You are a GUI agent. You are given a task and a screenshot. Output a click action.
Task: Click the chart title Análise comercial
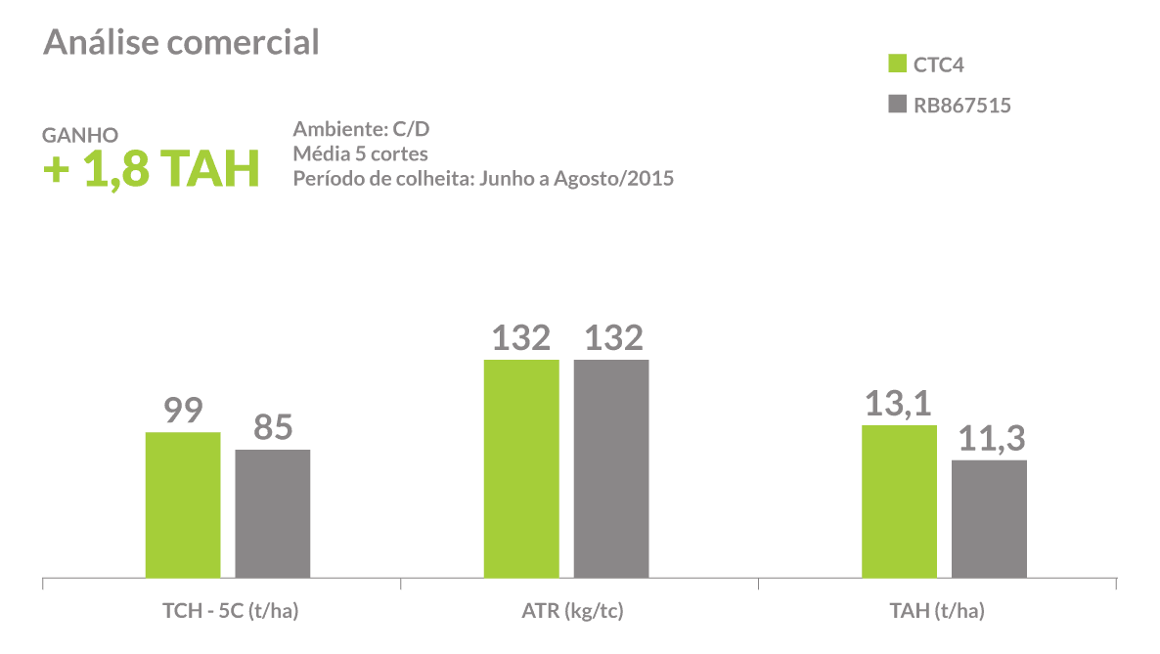181,43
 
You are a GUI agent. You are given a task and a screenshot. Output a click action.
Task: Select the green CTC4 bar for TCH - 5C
183,504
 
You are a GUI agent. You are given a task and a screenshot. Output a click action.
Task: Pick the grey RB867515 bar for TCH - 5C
273,513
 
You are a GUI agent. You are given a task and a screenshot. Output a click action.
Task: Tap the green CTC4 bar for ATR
521,468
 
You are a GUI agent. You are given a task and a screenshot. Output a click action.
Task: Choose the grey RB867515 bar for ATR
611,468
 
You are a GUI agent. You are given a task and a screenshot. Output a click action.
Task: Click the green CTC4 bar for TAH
899,501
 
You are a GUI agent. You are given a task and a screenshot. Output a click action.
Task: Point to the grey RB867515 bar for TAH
989,518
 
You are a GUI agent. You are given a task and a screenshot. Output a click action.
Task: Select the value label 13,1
899,404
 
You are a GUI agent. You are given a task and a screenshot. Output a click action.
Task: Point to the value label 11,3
989,439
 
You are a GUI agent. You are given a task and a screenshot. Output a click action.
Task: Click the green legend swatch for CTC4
897,65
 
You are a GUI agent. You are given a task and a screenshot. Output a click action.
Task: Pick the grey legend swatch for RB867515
897,105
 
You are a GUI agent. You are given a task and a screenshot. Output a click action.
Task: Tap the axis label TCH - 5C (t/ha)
230,612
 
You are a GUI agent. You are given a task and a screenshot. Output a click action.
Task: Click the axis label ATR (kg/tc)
572,612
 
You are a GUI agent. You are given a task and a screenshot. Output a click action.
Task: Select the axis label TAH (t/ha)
937,612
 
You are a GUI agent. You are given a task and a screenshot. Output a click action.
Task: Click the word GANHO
80,135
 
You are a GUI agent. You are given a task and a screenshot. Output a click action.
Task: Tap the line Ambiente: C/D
361,130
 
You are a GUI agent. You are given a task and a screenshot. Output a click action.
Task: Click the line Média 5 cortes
360,154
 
